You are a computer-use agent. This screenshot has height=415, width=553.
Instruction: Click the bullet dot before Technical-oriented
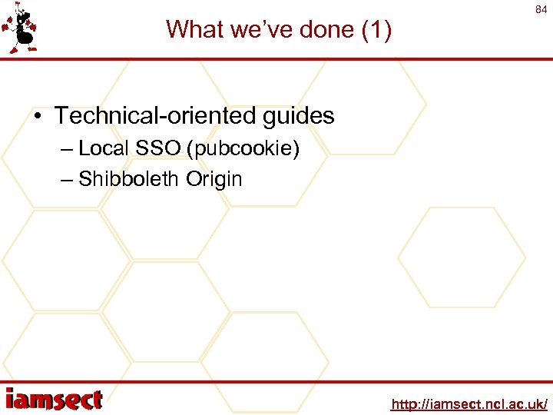38,116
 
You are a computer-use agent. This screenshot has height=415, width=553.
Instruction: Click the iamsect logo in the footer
54,400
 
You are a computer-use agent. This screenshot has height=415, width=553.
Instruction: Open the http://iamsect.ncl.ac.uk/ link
469,403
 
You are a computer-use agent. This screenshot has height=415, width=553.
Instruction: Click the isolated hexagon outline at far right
462,257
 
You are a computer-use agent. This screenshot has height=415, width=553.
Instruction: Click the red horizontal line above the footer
276,382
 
